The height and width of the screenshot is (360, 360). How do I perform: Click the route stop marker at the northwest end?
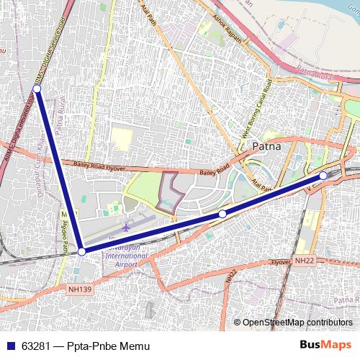pos(37,89)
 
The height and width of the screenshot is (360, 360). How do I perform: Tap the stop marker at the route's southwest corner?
pos(82,251)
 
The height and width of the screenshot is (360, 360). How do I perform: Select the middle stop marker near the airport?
pos(222,214)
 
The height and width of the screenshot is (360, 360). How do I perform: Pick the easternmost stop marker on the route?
pos(323,175)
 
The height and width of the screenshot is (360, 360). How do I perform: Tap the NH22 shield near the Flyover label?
pos(305,259)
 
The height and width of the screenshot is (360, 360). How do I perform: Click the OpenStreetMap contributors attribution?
pos(297,322)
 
